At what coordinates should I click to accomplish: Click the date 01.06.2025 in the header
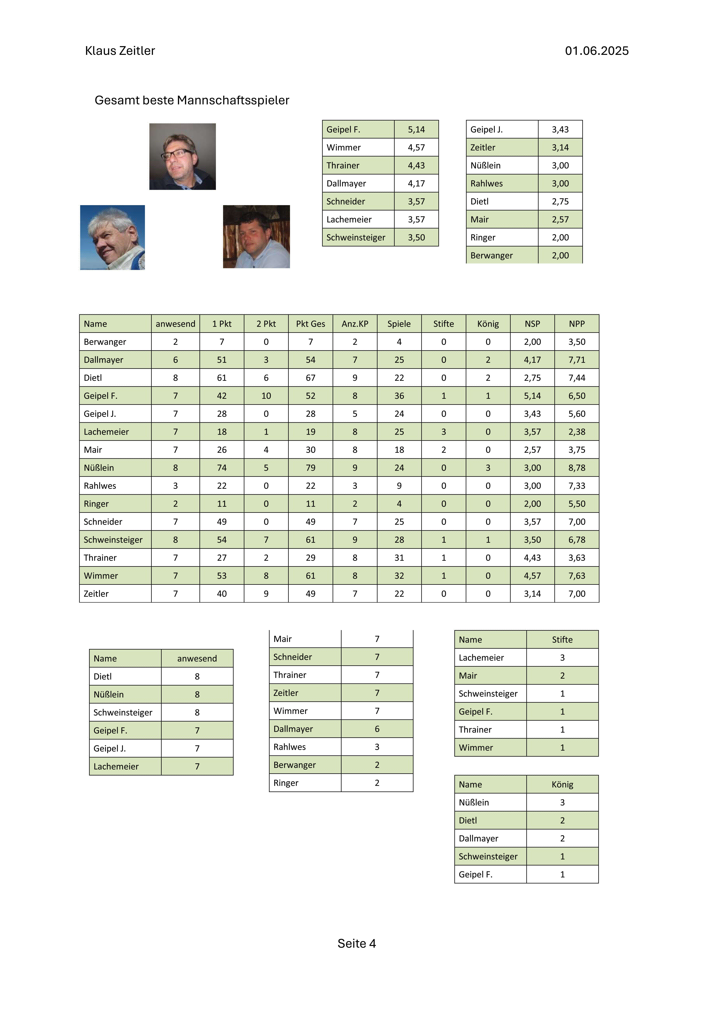(597, 51)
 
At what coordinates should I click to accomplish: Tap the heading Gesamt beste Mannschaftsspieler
(192, 100)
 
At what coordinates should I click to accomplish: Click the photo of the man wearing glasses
(183, 157)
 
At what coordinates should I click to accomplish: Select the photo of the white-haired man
(113, 238)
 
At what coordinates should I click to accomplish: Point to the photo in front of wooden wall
(256, 237)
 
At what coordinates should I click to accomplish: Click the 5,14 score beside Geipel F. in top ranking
(416, 129)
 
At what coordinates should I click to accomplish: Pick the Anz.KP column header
(355, 324)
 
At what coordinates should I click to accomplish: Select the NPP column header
(577, 324)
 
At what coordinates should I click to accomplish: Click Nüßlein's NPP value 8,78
(577, 468)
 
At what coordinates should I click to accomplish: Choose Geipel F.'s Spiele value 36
(399, 396)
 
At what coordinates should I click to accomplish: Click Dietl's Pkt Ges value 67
(311, 378)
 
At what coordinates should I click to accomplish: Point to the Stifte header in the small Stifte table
(562, 640)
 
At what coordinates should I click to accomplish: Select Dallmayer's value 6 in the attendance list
(377, 729)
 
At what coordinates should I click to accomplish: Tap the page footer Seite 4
(357, 944)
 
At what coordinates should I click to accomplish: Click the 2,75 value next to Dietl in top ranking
(560, 202)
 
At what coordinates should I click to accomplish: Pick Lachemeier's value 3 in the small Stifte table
(562, 658)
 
